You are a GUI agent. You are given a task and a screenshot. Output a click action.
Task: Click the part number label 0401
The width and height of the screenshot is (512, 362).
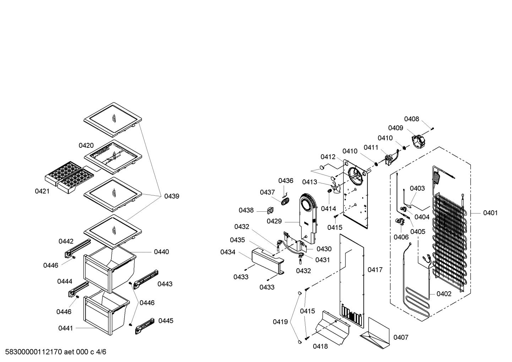pyautogui.click(x=490, y=213)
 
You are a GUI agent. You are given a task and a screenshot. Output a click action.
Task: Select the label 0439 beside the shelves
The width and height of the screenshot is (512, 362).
pyautogui.click(x=171, y=196)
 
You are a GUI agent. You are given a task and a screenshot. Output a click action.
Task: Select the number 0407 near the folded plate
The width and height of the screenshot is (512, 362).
pyautogui.click(x=401, y=337)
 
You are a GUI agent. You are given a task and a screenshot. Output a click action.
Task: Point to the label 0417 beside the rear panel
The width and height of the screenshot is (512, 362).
pyautogui.click(x=375, y=270)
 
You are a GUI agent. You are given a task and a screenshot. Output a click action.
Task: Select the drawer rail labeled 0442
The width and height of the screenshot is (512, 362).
pyautogui.click(x=78, y=248)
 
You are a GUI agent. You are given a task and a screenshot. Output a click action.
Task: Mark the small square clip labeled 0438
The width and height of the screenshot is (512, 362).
pyautogui.click(x=270, y=210)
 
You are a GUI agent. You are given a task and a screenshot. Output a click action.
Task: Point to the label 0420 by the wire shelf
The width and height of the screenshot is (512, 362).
pyautogui.click(x=86, y=145)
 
